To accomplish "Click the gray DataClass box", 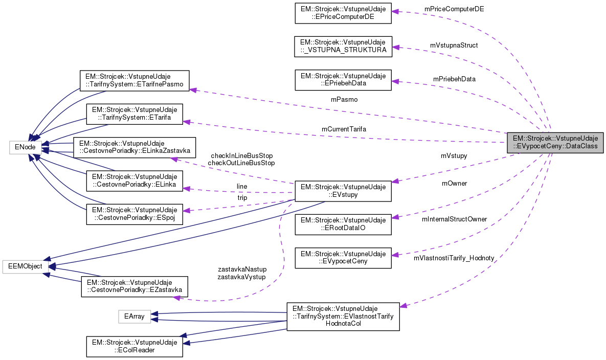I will pos(555,142).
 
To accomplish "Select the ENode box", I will pos(25,148).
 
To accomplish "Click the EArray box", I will pos(135,317).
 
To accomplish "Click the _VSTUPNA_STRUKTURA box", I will pos(343,46).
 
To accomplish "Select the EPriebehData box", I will pos(343,79).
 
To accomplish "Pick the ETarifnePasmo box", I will pos(134,81).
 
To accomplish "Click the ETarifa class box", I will pos(134,115).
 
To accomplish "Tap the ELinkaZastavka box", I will pos(134,147).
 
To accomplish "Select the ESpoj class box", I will pos(134,213).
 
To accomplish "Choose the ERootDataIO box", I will pos(343,224).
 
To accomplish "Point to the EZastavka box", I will pos(134,286).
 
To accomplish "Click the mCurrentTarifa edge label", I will pos(344,129).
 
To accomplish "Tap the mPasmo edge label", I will pos(344,100).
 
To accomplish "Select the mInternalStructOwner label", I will pos(454,219).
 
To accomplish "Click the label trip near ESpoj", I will pos(242,197).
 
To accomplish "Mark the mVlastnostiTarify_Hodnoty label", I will pos(454,258).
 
